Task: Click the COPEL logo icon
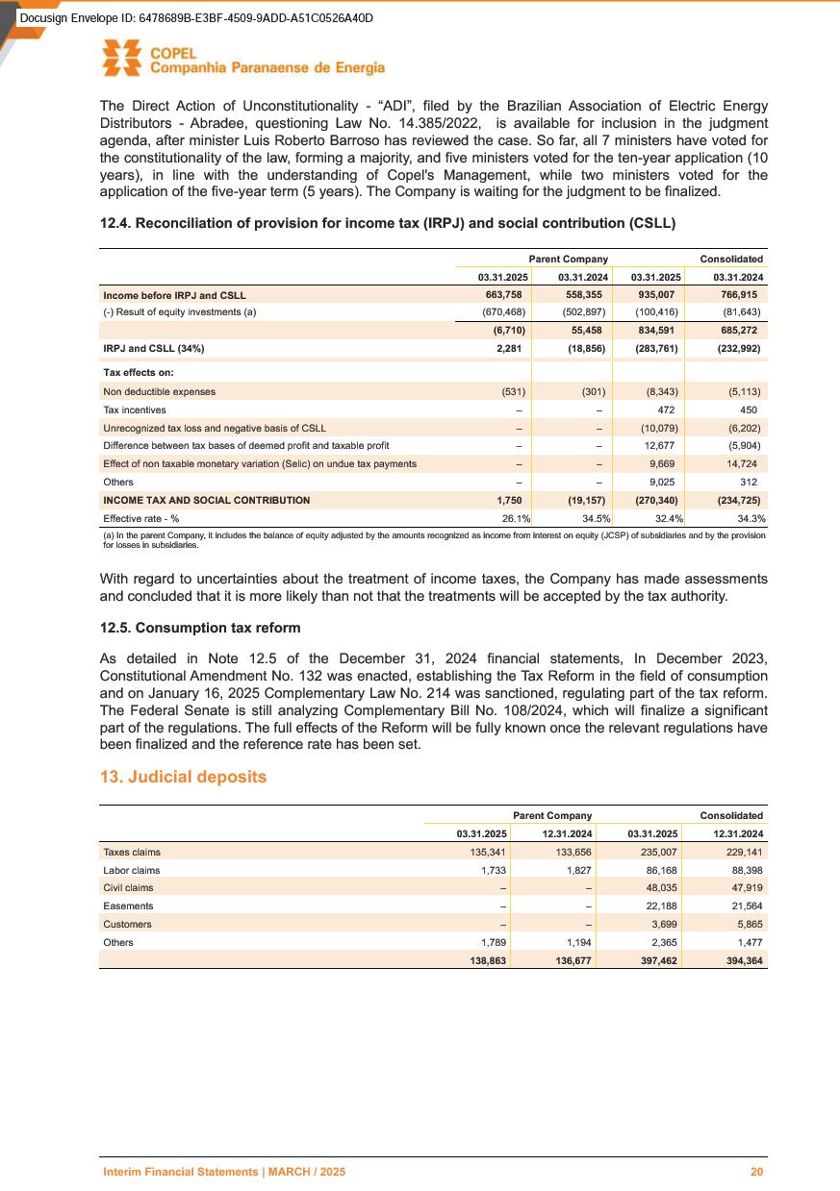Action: coord(122,59)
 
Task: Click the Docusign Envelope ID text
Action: coord(195,18)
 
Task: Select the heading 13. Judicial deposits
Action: coord(183,776)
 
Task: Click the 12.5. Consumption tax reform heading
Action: coord(200,628)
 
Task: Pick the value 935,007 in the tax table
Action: coord(659,295)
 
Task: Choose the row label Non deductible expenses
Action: coord(159,391)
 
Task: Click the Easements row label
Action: coord(128,906)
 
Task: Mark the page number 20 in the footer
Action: coord(757,1173)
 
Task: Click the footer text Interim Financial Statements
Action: coord(224,1173)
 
